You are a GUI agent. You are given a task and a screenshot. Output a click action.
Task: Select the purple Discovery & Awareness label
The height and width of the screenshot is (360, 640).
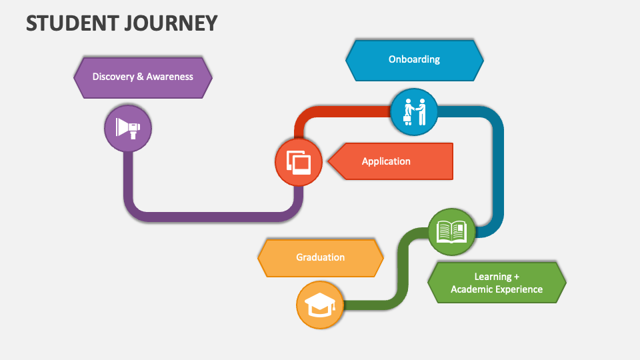143,77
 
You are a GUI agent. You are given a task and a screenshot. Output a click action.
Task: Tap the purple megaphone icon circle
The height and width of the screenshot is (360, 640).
128,127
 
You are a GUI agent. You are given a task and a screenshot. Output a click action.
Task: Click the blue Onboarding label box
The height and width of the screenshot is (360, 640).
414,59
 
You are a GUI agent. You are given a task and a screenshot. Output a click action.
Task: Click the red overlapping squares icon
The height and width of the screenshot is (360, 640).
299,162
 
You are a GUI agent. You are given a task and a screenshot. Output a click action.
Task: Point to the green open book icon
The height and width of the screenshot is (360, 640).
451,231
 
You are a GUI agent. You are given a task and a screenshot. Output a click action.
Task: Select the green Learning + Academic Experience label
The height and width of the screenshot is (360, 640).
497,283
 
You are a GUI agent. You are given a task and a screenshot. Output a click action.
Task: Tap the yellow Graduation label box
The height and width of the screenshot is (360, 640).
321,257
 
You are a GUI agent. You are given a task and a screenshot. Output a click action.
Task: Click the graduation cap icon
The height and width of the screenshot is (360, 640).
320,305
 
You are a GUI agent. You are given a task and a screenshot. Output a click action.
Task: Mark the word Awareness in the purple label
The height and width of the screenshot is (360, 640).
170,77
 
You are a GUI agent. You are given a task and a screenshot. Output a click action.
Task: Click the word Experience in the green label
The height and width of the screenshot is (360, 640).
520,289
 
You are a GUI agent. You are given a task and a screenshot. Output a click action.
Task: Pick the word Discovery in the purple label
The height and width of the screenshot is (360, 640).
113,77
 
